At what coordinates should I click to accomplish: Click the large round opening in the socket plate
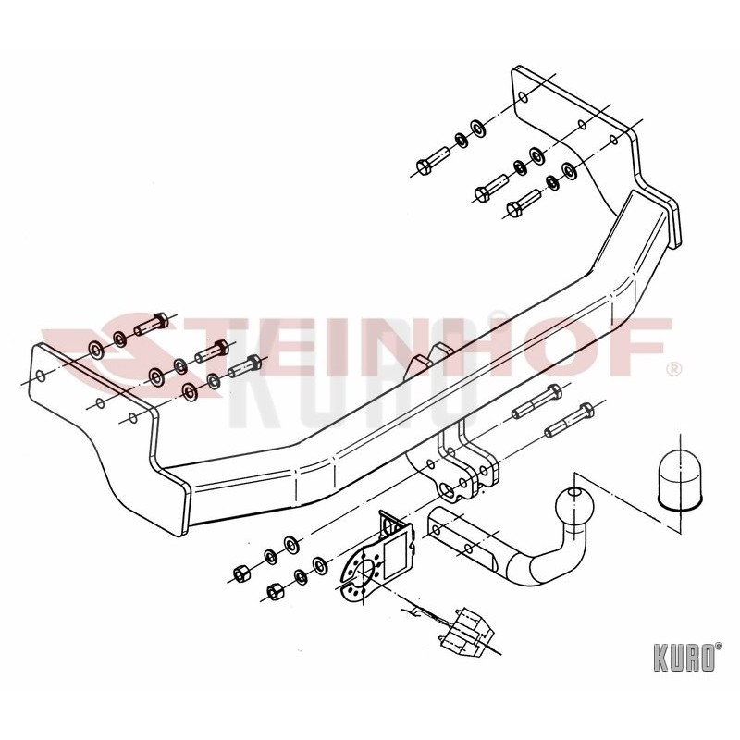click(365, 572)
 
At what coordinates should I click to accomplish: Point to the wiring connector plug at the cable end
click(467, 633)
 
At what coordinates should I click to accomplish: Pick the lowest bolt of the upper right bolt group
click(524, 202)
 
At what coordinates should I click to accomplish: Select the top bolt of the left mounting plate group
click(152, 323)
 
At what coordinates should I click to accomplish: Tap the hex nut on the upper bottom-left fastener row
click(240, 573)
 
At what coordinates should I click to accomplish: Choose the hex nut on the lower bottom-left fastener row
click(274, 590)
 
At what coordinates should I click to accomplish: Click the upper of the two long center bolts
click(537, 401)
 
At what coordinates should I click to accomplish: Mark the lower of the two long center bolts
click(570, 420)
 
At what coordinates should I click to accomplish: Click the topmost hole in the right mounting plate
click(523, 98)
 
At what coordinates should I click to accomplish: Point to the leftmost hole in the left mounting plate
click(41, 376)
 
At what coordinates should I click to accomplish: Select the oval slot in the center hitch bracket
click(447, 488)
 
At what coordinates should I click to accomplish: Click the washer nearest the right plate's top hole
click(479, 127)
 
